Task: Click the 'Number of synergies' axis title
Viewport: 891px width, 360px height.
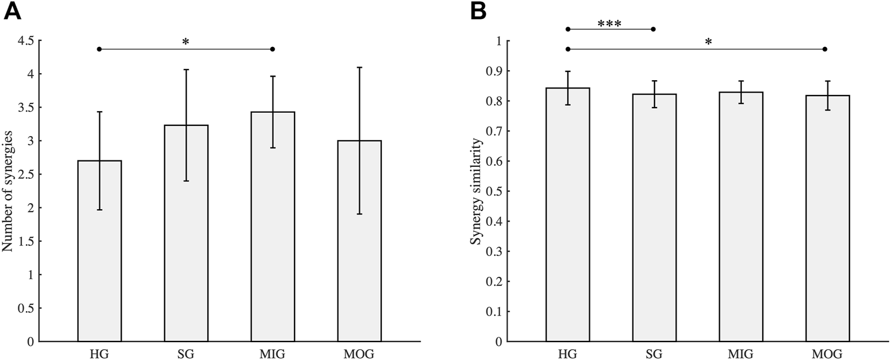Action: coord(8,191)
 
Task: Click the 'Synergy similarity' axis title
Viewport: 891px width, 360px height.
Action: coord(476,191)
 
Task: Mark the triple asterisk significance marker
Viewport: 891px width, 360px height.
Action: coord(609,23)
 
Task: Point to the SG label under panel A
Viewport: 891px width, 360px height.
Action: coord(186,355)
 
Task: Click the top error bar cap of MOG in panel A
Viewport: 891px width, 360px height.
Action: coord(359,68)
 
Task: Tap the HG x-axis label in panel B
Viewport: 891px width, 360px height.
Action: coord(567,355)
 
